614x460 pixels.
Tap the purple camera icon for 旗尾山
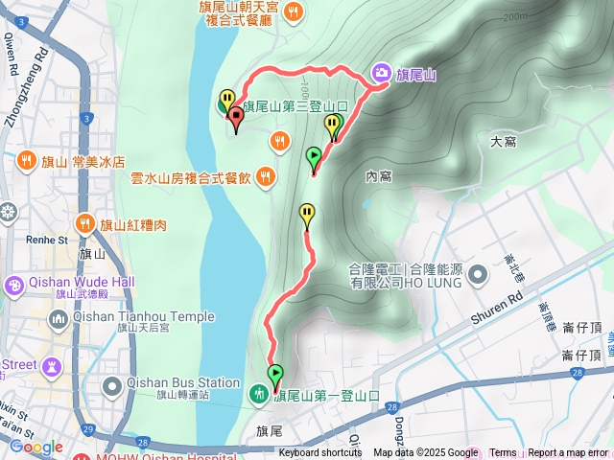click(x=381, y=73)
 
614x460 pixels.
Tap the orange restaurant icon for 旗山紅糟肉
click(x=85, y=224)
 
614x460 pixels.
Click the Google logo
click(x=35, y=447)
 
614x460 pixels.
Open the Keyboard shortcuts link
click(x=320, y=453)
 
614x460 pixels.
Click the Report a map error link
click(x=568, y=453)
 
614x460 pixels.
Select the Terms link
click(x=503, y=453)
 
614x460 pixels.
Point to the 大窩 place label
click(x=503, y=142)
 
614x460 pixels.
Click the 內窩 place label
click(x=379, y=175)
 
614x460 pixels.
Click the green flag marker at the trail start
click(x=276, y=375)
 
